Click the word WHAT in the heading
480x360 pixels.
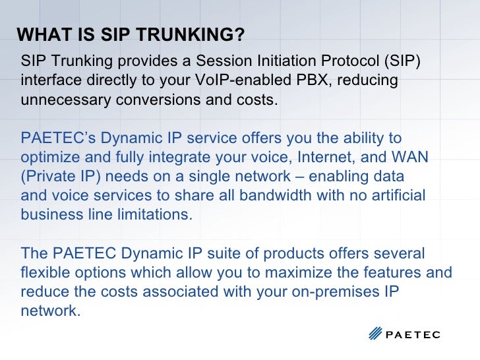click(39, 34)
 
